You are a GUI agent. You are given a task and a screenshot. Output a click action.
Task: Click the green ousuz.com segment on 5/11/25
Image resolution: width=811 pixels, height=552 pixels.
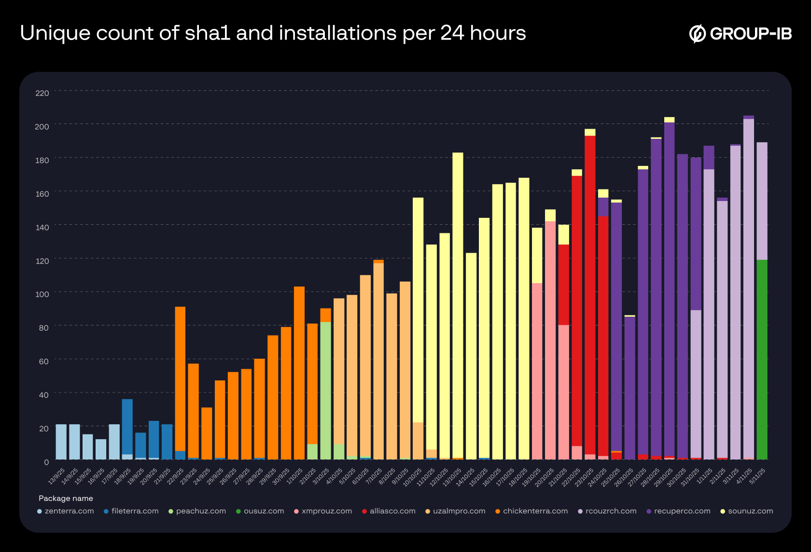[x=762, y=359]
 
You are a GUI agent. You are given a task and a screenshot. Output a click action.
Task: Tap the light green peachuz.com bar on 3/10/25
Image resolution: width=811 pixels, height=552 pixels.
[x=325, y=390]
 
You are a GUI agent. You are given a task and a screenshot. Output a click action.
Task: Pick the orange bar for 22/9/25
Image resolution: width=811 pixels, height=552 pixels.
[x=180, y=378]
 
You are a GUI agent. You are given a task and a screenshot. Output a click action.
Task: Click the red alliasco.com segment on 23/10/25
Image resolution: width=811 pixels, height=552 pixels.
[x=590, y=294]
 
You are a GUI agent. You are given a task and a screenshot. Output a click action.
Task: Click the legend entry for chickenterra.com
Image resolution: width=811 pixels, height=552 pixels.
[x=535, y=511]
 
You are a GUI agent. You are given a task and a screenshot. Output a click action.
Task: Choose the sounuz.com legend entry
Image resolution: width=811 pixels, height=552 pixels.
[x=750, y=511]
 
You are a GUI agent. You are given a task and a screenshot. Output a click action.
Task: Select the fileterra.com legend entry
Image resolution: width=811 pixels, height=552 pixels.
[x=134, y=511]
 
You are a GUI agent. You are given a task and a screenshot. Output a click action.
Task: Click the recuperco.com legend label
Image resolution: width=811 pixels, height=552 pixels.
[x=682, y=511]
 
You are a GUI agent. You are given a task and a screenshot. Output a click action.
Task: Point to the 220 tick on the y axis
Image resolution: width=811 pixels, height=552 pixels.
[x=42, y=93]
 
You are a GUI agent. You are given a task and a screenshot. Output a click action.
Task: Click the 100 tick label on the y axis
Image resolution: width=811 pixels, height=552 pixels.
[x=42, y=294]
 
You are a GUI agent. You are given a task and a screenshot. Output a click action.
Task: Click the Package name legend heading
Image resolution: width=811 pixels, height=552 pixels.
[x=66, y=498]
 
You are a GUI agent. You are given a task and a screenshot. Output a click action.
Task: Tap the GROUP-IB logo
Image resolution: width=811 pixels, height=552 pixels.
[x=741, y=33]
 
